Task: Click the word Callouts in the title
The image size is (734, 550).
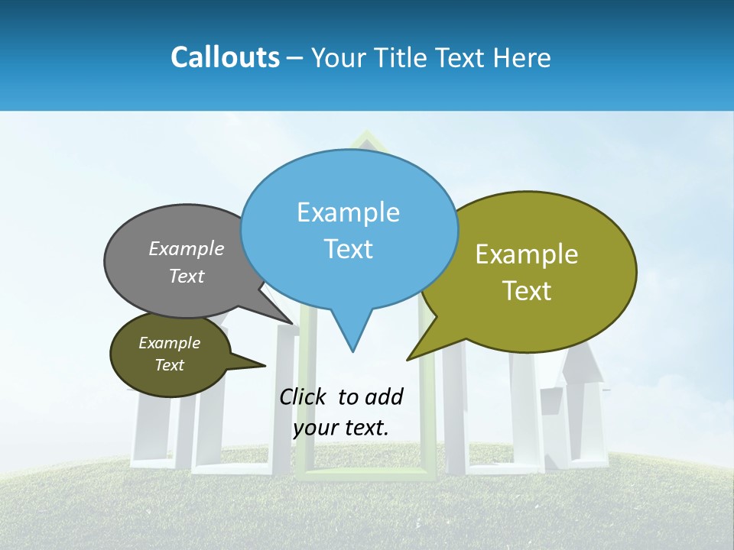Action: pos(225,57)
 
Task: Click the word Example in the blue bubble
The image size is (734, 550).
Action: pos(348,212)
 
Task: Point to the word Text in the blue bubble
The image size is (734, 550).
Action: pos(348,249)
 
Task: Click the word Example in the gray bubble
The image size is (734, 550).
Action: pos(187,249)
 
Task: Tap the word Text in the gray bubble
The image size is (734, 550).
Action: pos(187,276)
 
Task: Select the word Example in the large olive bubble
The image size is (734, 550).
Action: pos(527,254)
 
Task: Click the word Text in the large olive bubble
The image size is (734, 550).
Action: pos(527,291)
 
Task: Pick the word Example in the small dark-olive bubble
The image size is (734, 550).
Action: pos(169,343)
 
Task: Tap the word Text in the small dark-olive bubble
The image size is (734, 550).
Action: pos(169,365)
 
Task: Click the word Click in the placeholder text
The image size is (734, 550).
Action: pos(303,396)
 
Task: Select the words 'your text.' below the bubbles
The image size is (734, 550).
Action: pos(340,428)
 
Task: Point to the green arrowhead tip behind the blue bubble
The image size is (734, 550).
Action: pos(366,134)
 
